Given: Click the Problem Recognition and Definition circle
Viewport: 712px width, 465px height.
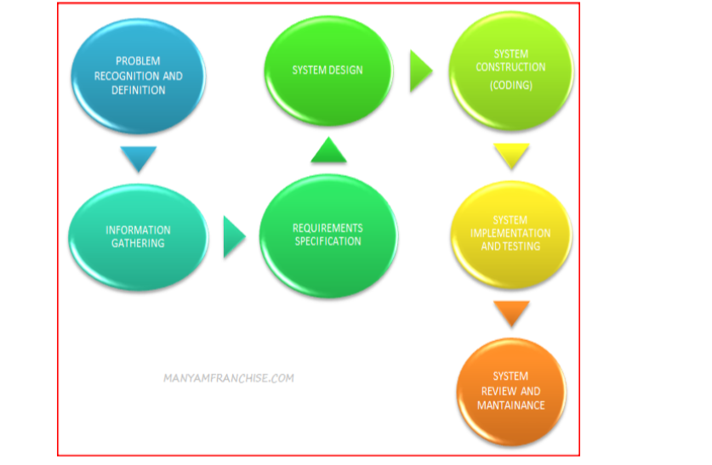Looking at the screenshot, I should pyautogui.click(x=139, y=77).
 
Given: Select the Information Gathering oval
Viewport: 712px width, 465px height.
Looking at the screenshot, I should pyautogui.click(x=139, y=236).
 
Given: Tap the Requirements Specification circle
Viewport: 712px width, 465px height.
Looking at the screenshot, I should pyautogui.click(x=328, y=235).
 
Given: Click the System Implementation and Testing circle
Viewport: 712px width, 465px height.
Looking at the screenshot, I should pyautogui.click(x=510, y=234).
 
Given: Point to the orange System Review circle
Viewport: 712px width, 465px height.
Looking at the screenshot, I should pyautogui.click(x=510, y=391).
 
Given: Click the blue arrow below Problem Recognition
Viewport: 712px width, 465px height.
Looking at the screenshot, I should pyautogui.click(x=139, y=159).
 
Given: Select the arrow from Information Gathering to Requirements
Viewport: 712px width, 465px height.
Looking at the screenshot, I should pyautogui.click(x=233, y=236).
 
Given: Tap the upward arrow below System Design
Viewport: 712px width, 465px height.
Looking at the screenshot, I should pyautogui.click(x=328, y=151).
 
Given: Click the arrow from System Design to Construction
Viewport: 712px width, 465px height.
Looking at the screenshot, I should pyautogui.click(x=420, y=71).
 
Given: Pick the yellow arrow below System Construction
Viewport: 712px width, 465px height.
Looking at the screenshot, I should pyautogui.click(x=511, y=156).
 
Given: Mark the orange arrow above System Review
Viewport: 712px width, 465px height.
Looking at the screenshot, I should pyautogui.click(x=511, y=314).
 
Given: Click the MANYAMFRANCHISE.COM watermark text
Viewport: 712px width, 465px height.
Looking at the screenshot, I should pyautogui.click(x=228, y=378).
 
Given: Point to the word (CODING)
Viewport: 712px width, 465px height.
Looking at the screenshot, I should pyautogui.click(x=510, y=85).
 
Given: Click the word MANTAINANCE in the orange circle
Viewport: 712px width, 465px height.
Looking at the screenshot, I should pyautogui.click(x=510, y=405).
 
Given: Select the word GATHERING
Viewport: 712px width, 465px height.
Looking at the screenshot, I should pyautogui.click(x=138, y=243).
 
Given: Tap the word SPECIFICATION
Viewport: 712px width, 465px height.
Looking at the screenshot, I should pyautogui.click(x=328, y=241).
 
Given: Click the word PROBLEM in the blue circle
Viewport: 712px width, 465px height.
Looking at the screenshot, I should pyautogui.click(x=139, y=61).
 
